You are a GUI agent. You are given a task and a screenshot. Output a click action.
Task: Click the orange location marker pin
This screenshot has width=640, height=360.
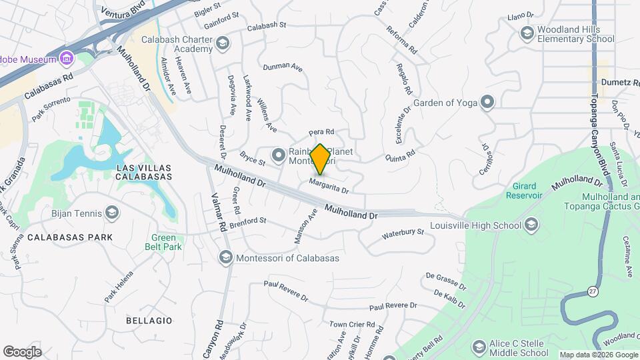tap(321, 159)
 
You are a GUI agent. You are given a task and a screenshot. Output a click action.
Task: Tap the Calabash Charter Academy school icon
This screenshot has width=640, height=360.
tap(222, 45)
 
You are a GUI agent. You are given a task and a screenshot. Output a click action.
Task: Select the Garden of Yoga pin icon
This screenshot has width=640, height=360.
tap(488, 102)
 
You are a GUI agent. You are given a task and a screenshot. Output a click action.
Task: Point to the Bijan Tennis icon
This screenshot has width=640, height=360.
tap(112, 213)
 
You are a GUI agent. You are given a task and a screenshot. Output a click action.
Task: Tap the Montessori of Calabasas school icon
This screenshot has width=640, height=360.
tap(225, 258)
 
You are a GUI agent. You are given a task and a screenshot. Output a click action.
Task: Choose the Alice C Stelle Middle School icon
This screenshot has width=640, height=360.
tap(479, 347)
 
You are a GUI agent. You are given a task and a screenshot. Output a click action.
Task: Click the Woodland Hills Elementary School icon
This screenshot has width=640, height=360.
tap(527, 33)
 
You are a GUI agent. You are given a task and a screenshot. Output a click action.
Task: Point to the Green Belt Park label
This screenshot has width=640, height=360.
tap(163, 242)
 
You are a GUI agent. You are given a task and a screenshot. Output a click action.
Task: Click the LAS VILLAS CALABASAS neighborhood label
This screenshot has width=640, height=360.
tap(143, 172)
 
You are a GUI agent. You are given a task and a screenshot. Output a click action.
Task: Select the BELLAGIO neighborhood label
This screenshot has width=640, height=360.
tap(149, 321)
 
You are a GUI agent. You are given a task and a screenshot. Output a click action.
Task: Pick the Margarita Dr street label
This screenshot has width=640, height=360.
tap(329, 185)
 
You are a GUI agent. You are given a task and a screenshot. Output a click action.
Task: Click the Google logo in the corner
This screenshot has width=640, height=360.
tap(22, 352)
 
